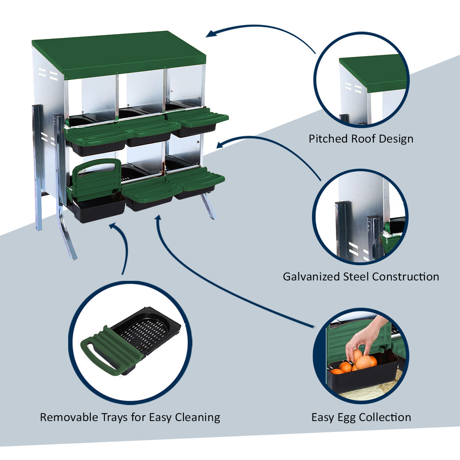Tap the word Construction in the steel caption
(405, 277)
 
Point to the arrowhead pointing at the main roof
(210, 34)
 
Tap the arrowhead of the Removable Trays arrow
(113, 226)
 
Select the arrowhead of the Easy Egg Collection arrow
(158, 219)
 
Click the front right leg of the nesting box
(209, 206)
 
